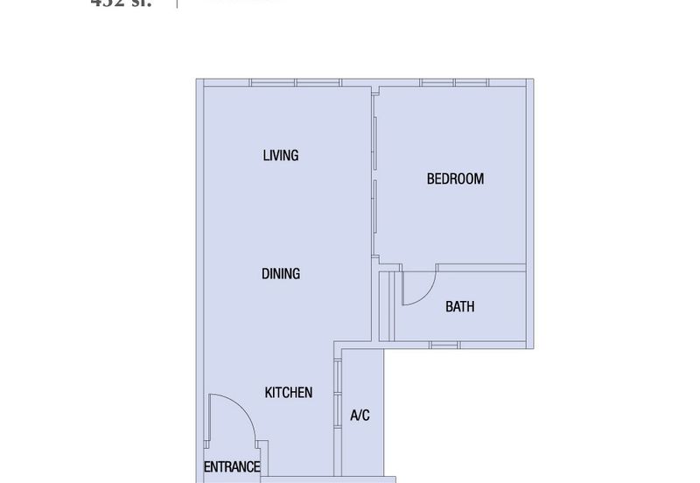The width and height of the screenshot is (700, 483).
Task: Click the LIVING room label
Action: click(x=280, y=156)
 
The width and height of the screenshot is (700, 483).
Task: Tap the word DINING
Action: click(x=280, y=274)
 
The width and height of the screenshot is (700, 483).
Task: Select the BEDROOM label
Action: click(x=455, y=179)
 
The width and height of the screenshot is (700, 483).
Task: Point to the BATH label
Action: click(x=459, y=307)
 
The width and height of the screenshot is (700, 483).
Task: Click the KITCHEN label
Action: click(x=289, y=393)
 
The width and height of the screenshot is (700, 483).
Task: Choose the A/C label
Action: click(x=360, y=416)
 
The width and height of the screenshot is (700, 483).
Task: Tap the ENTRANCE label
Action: click(x=232, y=467)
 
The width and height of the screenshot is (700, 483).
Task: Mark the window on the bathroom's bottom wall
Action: click(x=444, y=346)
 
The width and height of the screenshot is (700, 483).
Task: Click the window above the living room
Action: click(x=294, y=83)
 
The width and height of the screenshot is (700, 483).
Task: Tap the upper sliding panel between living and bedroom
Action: click(x=374, y=140)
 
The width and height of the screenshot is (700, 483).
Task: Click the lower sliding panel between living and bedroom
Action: click(x=374, y=219)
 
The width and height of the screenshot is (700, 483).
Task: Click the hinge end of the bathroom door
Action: click(x=402, y=273)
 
